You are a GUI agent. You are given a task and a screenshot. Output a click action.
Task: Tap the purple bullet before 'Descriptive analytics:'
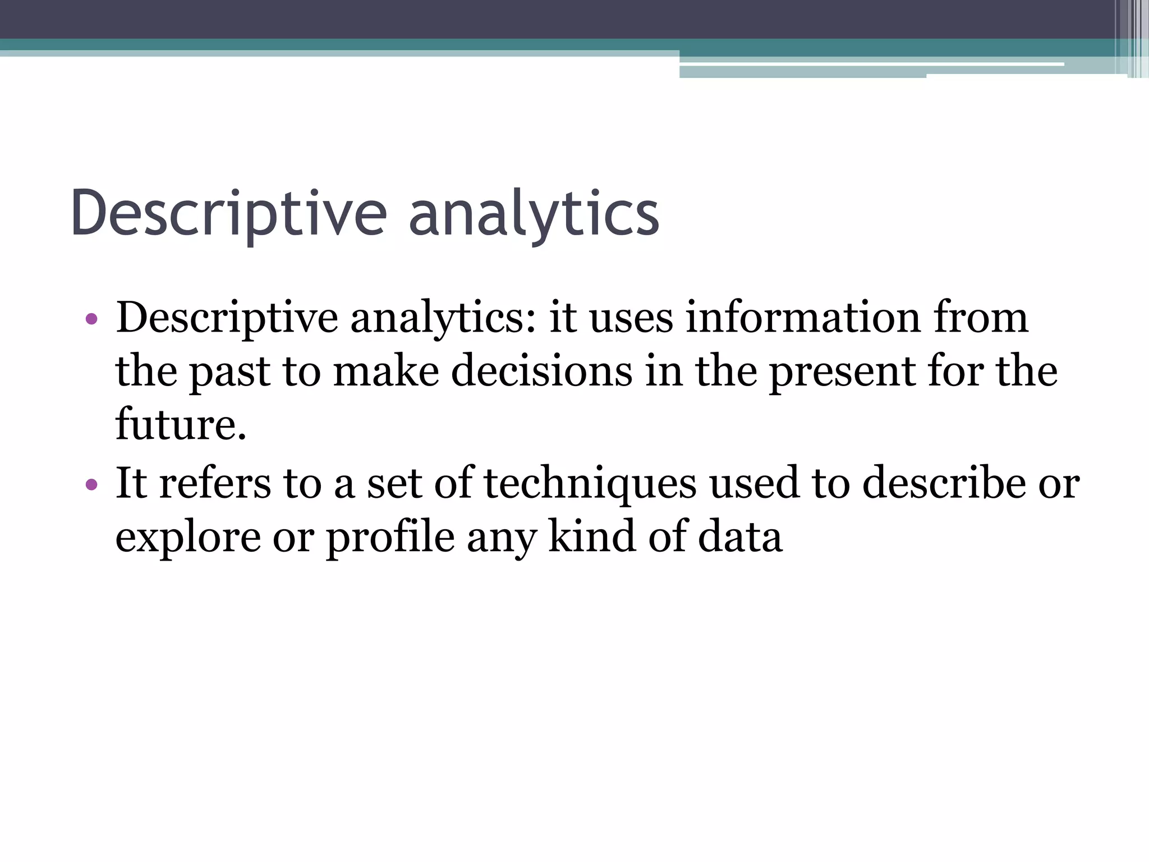point(91,320)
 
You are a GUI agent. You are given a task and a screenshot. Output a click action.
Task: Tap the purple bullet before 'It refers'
point(91,484)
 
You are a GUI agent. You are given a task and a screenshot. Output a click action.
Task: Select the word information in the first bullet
point(803,318)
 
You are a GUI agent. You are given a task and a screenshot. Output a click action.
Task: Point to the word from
point(980,318)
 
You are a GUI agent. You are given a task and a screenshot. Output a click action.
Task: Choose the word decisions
point(541,372)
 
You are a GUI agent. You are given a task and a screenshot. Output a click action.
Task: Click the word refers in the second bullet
point(215,483)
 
